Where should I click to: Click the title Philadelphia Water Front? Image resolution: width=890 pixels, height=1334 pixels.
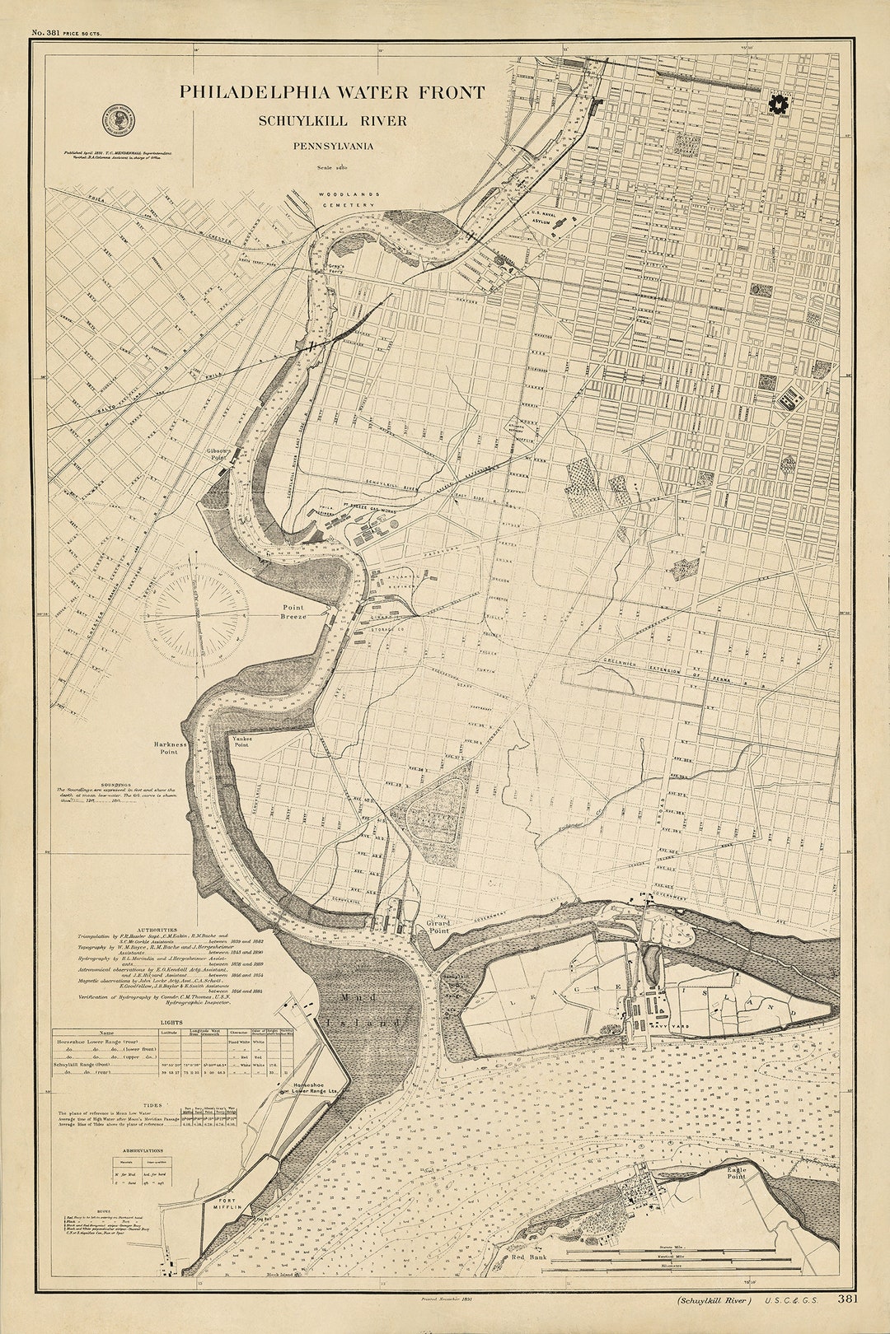pos(332,92)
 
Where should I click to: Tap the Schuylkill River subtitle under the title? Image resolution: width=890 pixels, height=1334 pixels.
pos(332,120)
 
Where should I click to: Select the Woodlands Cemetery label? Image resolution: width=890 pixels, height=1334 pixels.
pos(349,199)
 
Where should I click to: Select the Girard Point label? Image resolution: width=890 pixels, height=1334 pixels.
pos(438,927)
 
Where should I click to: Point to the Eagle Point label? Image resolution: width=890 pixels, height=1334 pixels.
pos(736,1173)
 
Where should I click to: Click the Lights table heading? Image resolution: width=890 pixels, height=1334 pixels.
pos(172,1022)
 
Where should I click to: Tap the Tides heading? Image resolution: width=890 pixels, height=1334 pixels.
pos(152,1106)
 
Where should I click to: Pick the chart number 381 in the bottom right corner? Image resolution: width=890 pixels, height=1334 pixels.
pos(847,1299)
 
